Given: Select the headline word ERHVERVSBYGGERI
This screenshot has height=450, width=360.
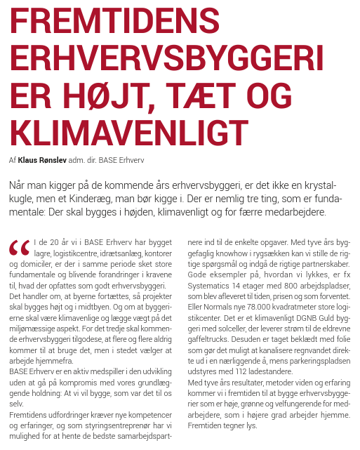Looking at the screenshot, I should tap(167, 58).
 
